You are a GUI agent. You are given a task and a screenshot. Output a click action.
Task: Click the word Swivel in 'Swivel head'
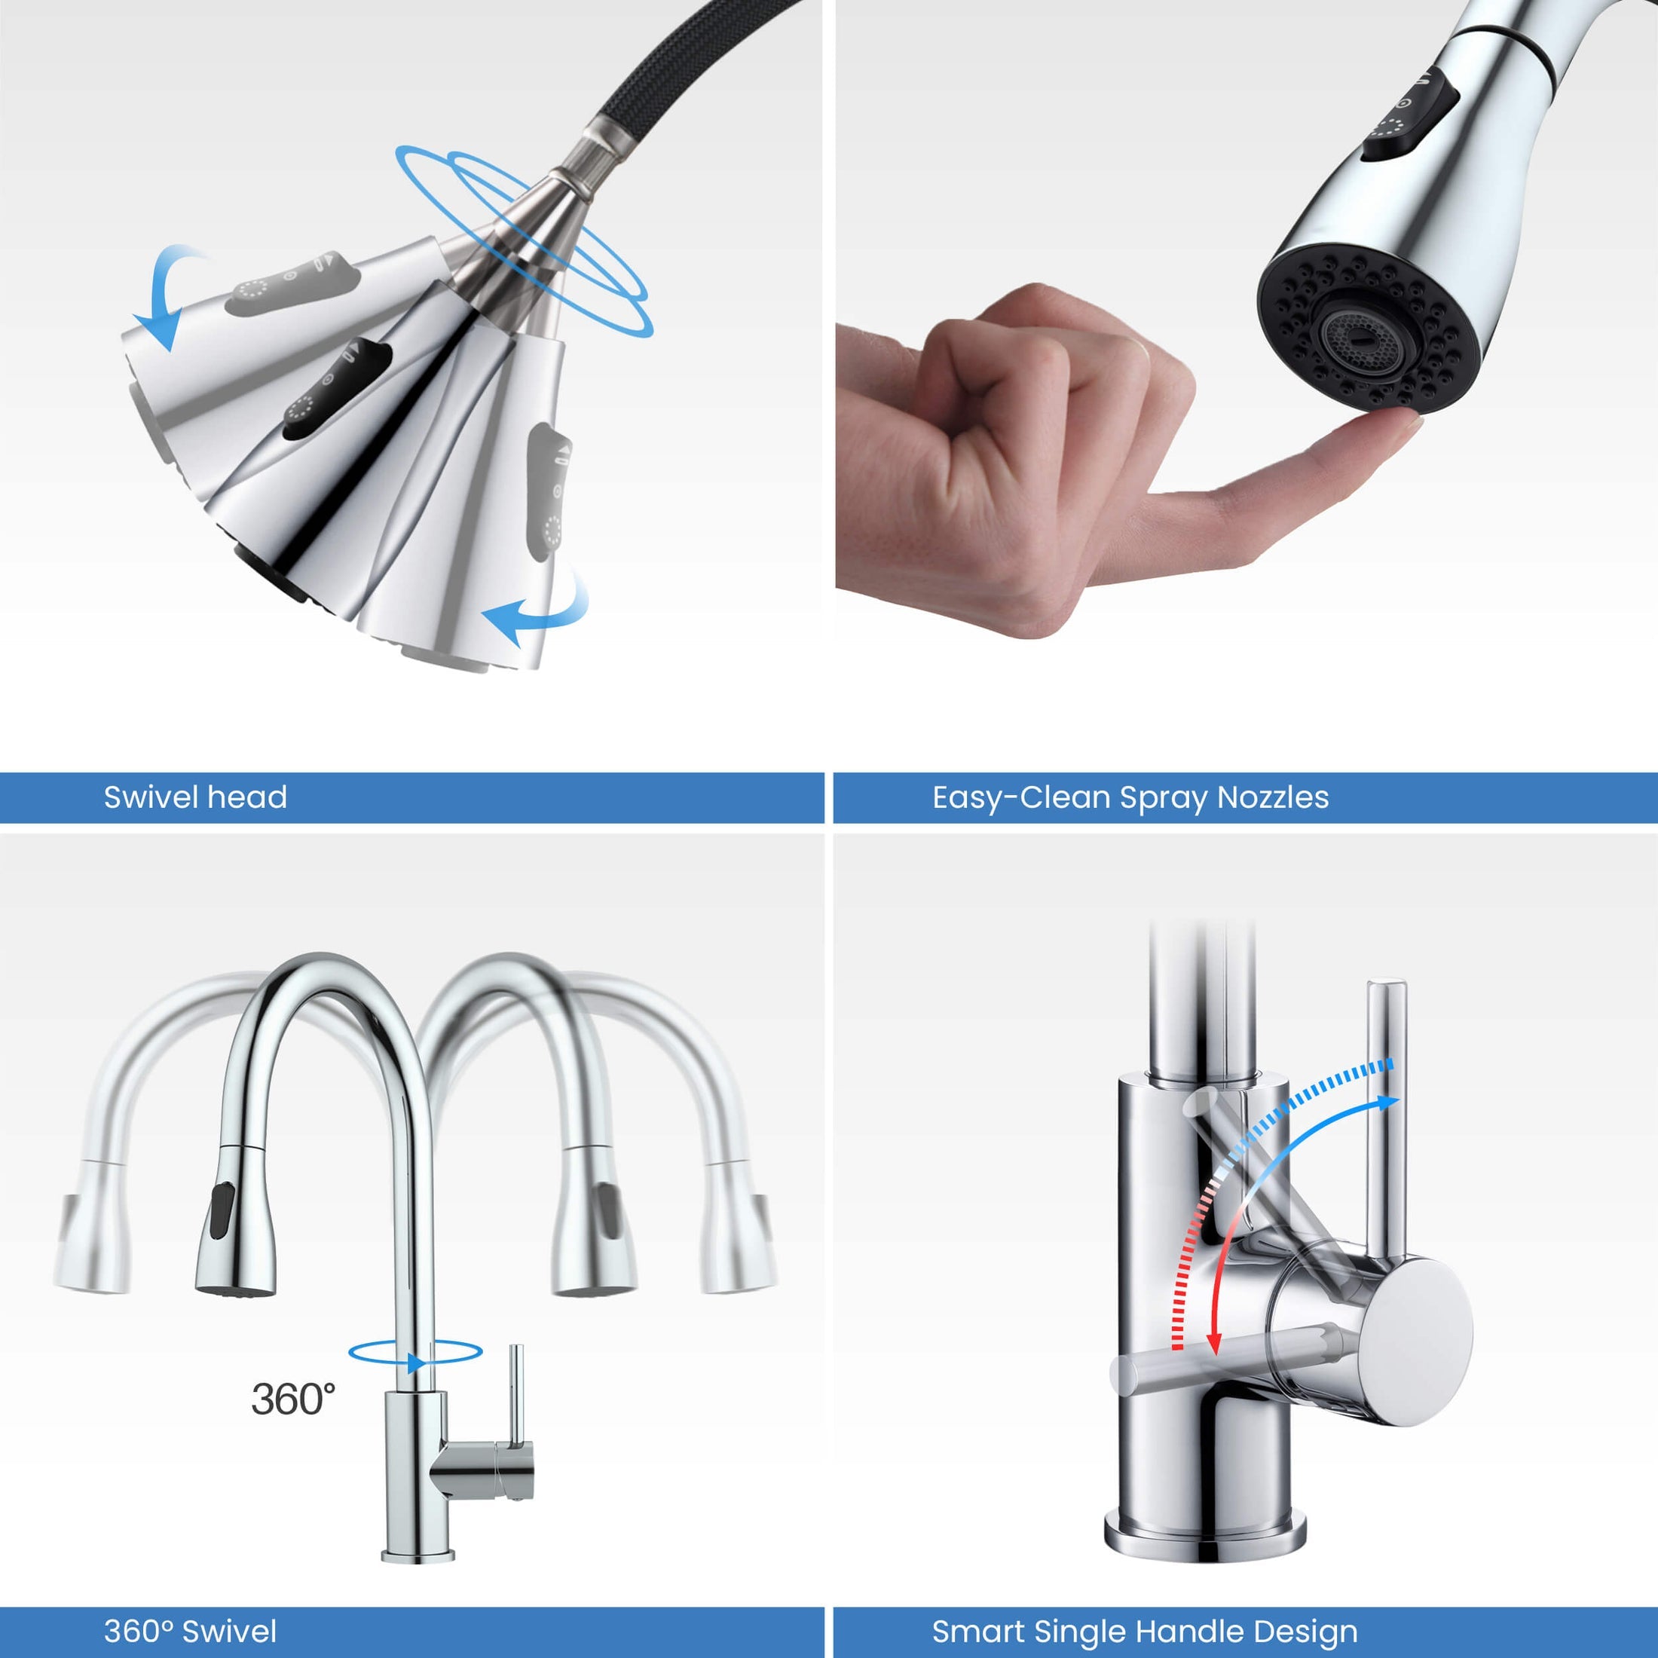[151, 797]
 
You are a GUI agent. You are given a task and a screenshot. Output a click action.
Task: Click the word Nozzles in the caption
[1273, 797]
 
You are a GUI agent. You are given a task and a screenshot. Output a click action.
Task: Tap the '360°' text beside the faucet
[292, 1398]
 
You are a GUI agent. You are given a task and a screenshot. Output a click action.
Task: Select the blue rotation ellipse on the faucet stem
[414, 1351]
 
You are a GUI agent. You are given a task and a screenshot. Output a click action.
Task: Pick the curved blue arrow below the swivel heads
[540, 613]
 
